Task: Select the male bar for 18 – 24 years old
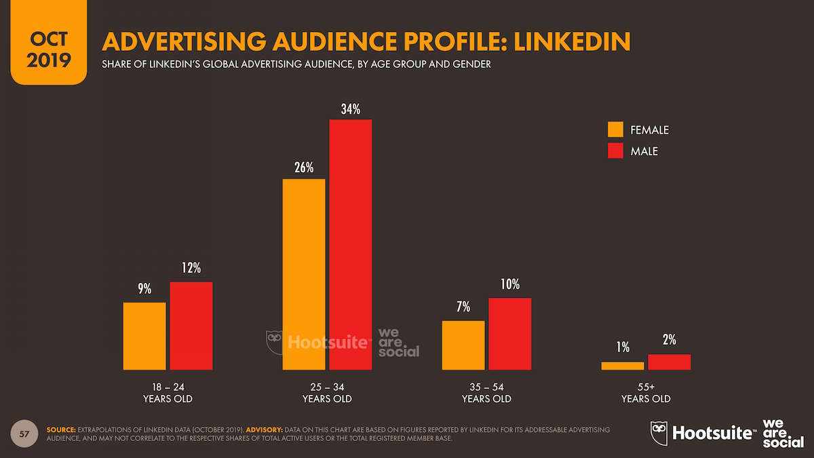[191, 326]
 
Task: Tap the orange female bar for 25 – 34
[304, 274]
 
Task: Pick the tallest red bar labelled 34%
[351, 244]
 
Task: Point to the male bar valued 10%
[510, 334]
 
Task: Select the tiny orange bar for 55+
[623, 366]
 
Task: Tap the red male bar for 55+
[670, 362]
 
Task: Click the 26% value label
[304, 167]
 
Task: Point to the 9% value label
[144, 290]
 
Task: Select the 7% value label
[463, 308]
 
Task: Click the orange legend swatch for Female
[615, 130]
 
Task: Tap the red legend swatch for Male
[615, 151]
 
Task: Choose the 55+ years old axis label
[646, 392]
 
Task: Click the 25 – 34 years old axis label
[327, 392]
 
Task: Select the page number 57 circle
[24, 434]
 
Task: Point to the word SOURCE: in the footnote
[61, 430]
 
